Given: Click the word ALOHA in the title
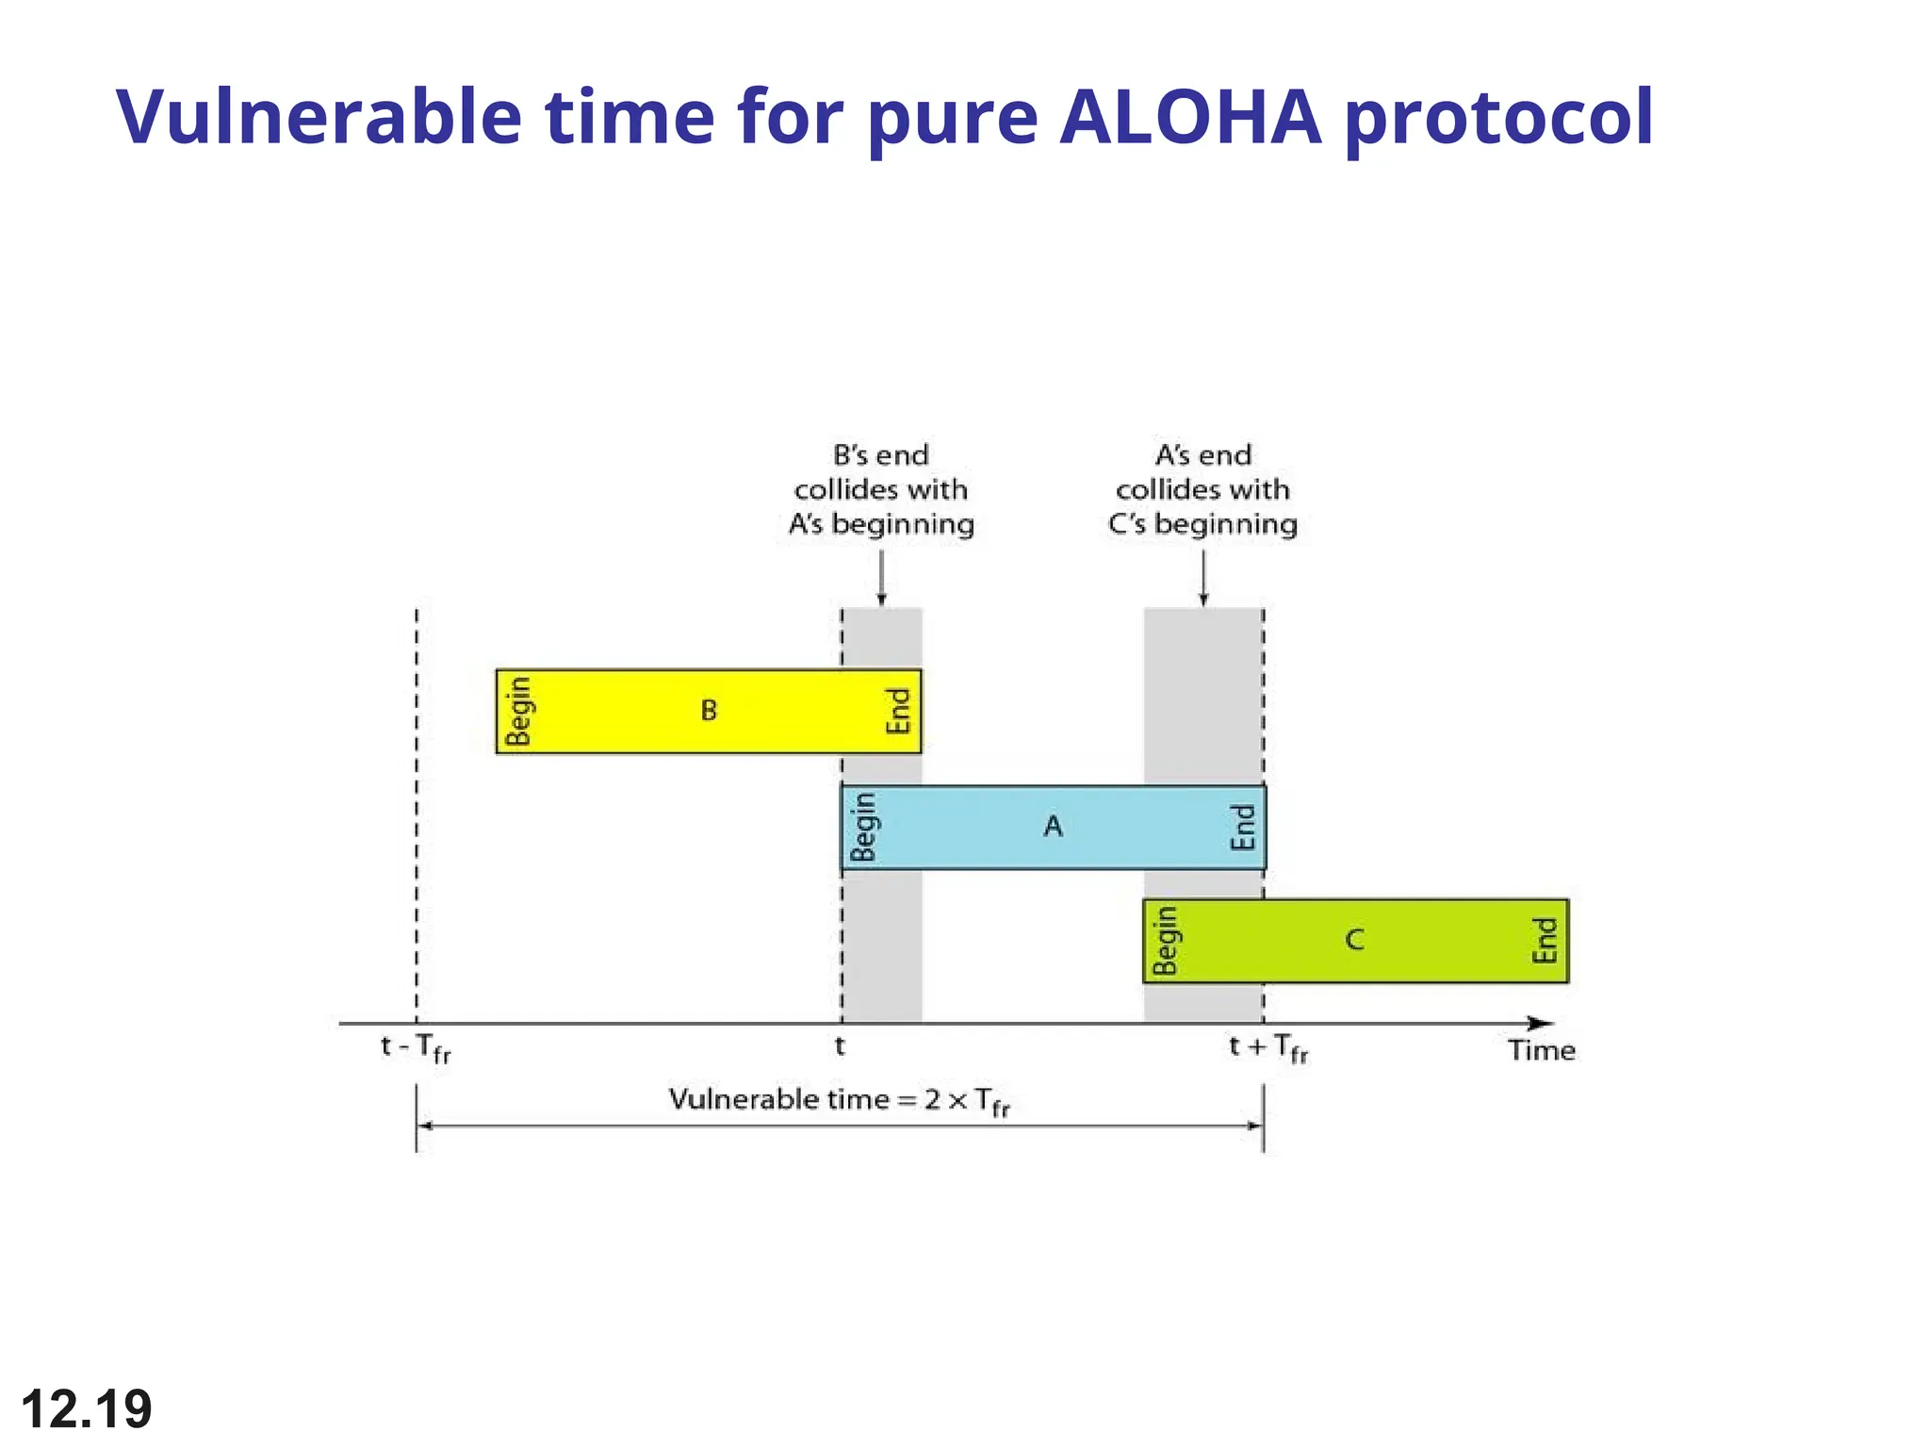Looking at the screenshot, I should tap(1190, 117).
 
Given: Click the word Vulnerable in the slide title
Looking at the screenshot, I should tap(319, 117).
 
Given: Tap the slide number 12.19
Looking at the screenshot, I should tap(86, 1408).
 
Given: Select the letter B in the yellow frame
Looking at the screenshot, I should tap(709, 710).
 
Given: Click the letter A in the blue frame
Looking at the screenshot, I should tap(1053, 826).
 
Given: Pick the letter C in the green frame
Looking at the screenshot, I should tap(1354, 940).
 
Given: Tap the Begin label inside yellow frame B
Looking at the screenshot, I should tap(518, 711).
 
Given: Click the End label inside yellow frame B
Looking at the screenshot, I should tap(898, 711).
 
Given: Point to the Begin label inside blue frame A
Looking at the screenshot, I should tap(863, 827).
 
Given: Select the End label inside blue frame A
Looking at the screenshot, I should tap(1243, 827).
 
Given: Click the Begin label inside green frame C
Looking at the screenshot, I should tap(1166, 941).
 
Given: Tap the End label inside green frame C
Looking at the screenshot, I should tap(1545, 941).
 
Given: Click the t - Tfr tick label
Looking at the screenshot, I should tap(416, 1048).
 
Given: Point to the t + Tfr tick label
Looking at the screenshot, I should tap(1268, 1048).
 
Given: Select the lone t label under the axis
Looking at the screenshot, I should tap(840, 1045).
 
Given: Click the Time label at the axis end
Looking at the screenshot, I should tap(1541, 1050).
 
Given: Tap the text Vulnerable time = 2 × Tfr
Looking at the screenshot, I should tap(839, 1100).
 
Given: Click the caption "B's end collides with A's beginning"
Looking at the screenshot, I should tap(881, 489).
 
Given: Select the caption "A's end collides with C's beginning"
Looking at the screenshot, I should tap(1202, 489).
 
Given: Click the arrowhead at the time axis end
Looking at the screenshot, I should tap(1540, 1023).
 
